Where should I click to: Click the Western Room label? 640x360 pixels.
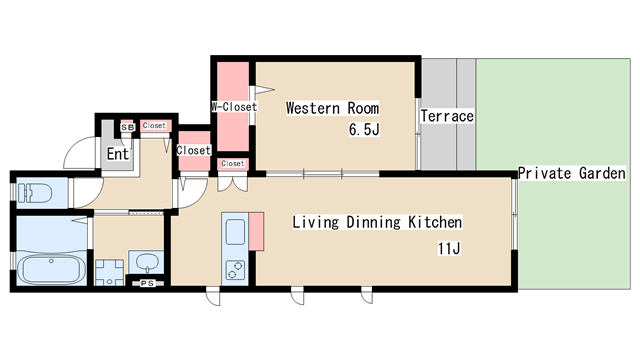click(x=332, y=108)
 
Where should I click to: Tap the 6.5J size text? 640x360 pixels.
click(x=364, y=129)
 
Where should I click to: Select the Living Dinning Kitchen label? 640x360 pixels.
click(x=377, y=222)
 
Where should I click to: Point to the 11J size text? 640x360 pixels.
click(x=449, y=248)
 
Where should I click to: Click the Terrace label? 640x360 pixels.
click(x=447, y=116)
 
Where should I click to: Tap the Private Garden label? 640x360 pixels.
click(x=571, y=173)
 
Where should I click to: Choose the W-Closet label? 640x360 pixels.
click(x=234, y=107)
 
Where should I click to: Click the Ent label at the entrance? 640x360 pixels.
click(x=117, y=154)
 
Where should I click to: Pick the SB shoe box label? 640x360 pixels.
click(x=127, y=128)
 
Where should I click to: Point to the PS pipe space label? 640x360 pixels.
click(x=147, y=283)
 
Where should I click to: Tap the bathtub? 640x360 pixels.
click(x=51, y=268)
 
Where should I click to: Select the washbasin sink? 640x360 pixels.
click(x=146, y=262)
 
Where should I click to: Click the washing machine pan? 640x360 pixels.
click(x=109, y=272)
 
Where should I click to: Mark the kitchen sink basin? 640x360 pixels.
click(x=235, y=231)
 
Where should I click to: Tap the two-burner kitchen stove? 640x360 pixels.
click(x=235, y=270)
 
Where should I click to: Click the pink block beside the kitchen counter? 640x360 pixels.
click(x=256, y=231)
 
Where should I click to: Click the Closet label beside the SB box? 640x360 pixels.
click(x=154, y=126)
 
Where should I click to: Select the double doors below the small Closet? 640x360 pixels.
click(x=232, y=182)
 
